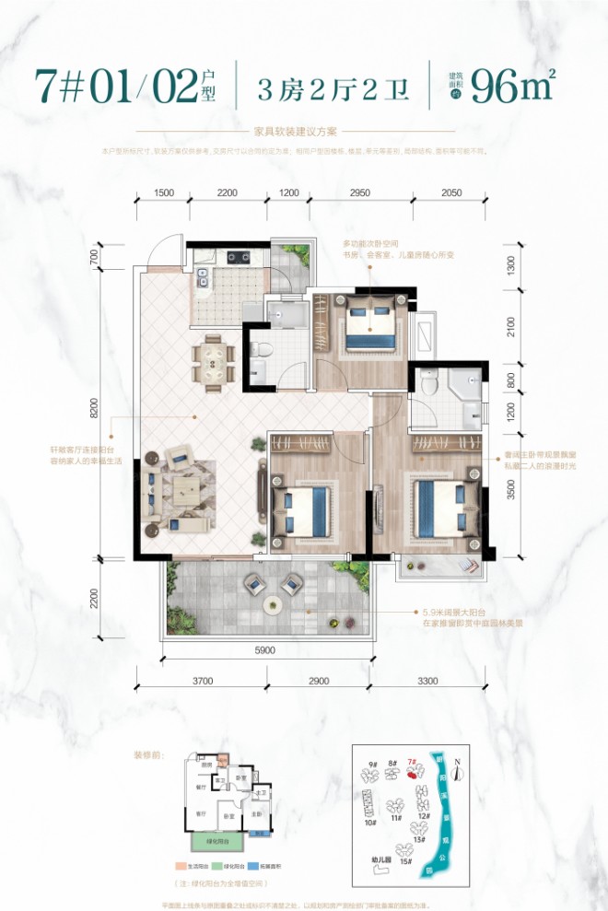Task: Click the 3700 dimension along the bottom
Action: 204,682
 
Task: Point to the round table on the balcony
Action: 272,605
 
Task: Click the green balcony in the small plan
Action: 217,841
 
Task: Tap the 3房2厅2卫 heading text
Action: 334,88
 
